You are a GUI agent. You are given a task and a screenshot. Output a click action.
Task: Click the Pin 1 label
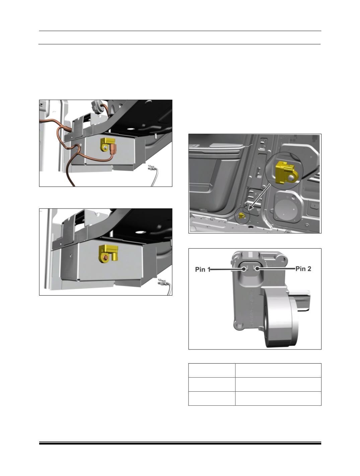tap(203, 269)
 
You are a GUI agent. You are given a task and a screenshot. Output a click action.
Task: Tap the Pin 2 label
tap(303, 269)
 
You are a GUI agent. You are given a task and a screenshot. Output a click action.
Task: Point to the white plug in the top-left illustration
tap(151, 168)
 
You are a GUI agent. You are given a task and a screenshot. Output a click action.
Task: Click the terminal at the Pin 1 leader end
tap(244, 269)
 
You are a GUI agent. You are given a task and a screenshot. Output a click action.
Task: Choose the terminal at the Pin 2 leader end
tap(257, 269)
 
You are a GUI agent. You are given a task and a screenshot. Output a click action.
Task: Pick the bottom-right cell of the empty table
tap(278, 398)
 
